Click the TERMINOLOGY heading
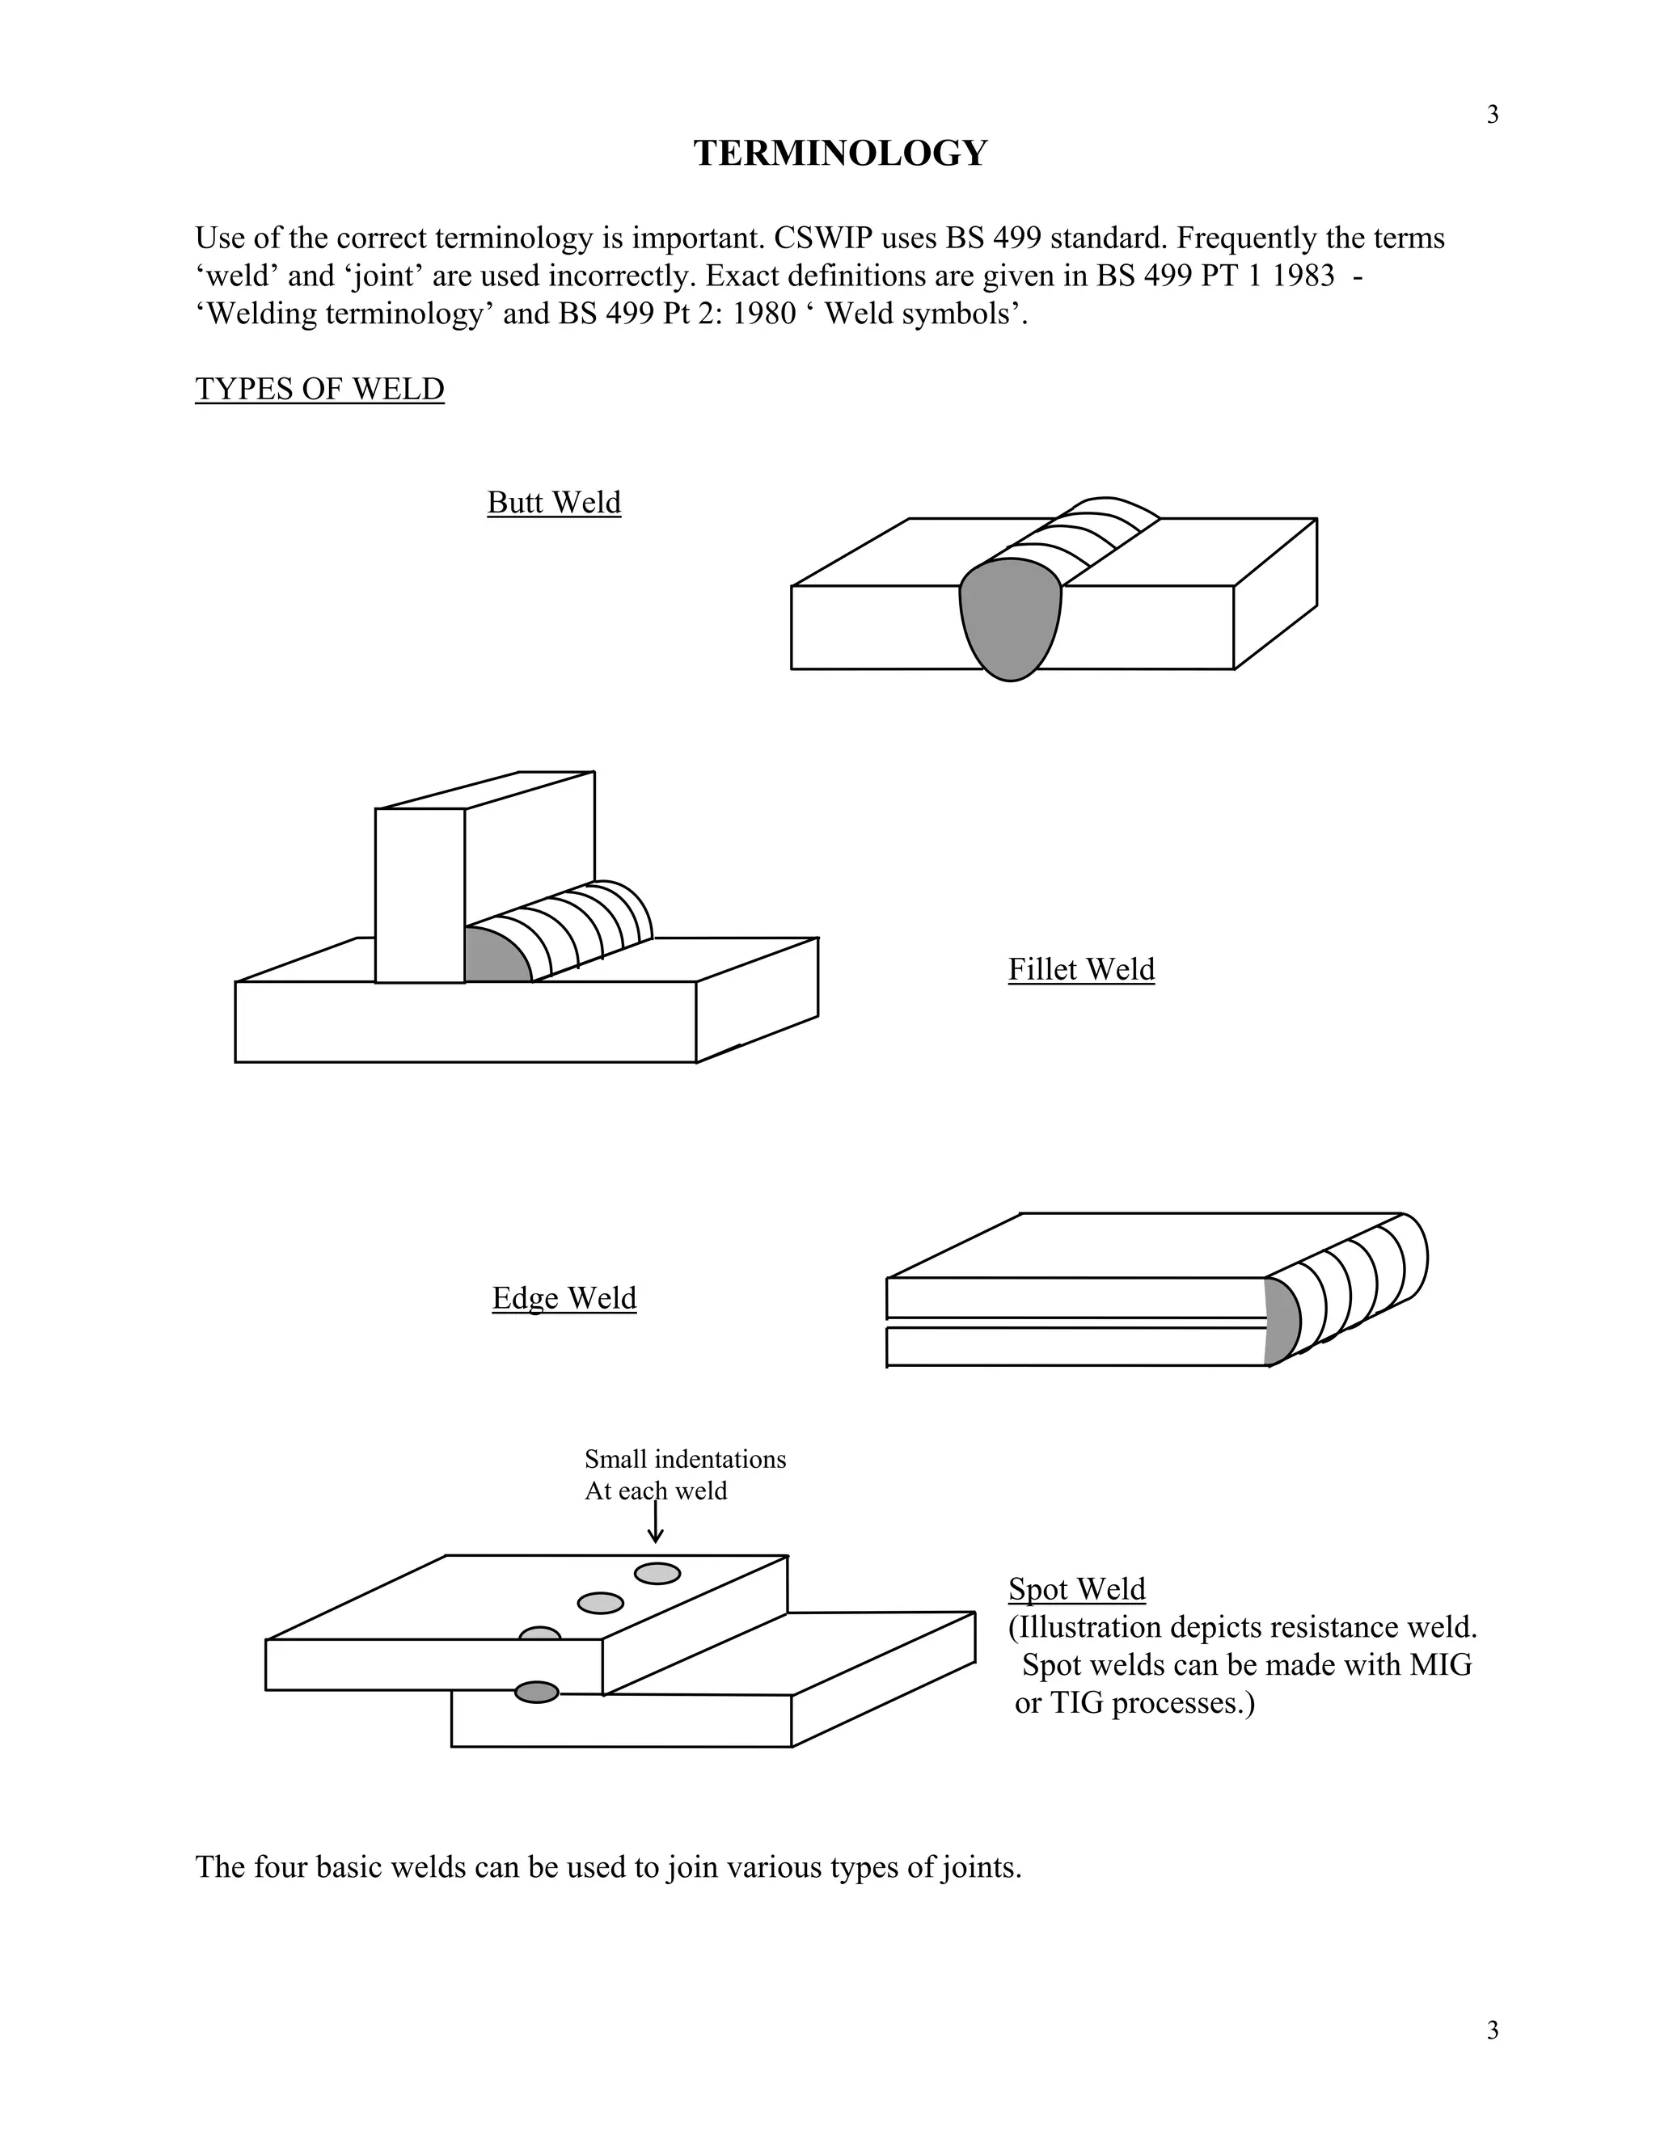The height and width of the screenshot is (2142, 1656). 840,153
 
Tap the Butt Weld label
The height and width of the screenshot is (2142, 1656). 553,502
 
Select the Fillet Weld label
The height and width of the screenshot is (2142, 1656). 1081,969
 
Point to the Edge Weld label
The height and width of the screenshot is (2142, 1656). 564,1297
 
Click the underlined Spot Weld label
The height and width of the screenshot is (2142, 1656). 1076,1589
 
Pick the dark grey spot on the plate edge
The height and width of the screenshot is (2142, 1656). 537,1692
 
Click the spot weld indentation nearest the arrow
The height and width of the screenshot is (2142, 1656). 657,1573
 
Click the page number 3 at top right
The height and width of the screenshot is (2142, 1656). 1492,116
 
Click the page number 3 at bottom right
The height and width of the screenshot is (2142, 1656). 1492,2030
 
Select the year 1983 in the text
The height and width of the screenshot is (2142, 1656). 1303,276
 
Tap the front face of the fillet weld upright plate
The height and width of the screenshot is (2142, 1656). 420,895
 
